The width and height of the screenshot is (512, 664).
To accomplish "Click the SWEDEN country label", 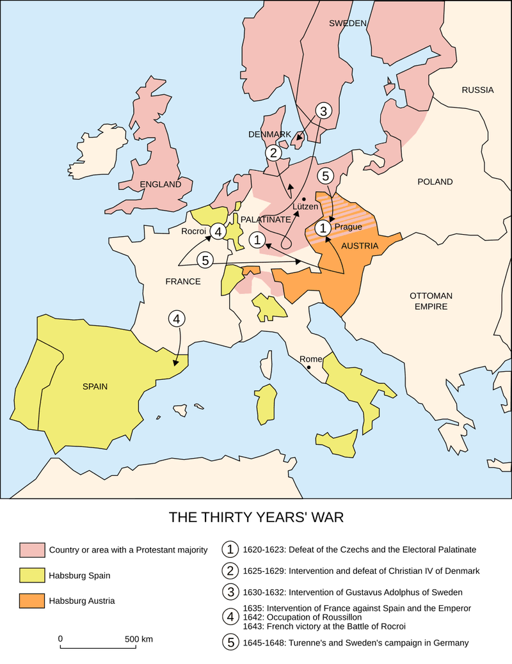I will [348, 23].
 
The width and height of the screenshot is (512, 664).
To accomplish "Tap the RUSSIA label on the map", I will [477, 90].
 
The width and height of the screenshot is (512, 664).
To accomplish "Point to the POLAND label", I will [435, 182].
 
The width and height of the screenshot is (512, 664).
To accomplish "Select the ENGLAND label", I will [161, 184].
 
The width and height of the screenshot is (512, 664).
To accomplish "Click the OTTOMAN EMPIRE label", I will [431, 301].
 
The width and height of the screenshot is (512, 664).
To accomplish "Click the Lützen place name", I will [305, 207].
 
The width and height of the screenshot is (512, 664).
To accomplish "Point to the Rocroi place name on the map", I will [193, 231].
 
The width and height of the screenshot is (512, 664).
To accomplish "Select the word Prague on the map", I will [348, 226].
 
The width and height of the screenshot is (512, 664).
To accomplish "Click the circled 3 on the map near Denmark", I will [324, 111].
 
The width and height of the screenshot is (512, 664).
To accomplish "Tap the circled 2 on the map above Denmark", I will [273, 153].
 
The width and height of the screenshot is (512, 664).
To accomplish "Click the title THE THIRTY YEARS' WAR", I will [255, 517].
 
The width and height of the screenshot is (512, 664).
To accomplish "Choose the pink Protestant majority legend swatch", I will [32, 549].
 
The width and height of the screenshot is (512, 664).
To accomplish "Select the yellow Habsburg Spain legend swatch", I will [32, 576].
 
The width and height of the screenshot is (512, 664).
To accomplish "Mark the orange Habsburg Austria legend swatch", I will [32, 601].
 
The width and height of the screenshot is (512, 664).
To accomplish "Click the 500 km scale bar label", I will [138, 639].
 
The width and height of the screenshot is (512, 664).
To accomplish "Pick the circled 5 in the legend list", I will [229, 642].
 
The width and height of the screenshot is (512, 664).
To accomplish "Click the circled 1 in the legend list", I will [229, 549].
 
